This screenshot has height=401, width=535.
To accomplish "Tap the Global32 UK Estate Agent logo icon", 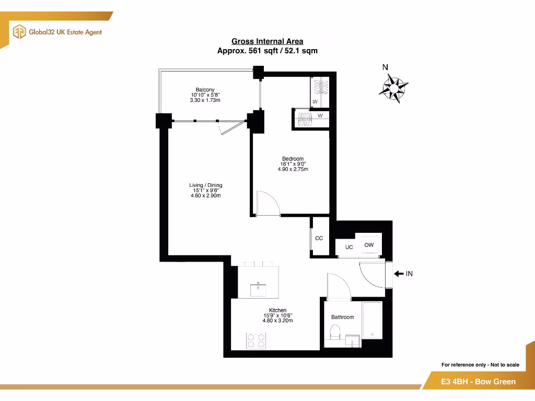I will pyautogui.click(x=19, y=32).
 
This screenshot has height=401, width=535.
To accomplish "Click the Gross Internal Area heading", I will pyautogui.click(x=267, y=41).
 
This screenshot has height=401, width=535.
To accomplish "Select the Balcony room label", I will pyautogui.click(x=205, y=90).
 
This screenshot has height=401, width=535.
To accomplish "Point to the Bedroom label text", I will pyautogui.click(x=293, y=159).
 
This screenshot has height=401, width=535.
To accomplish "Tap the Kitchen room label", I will pyautogui.click(x=277, y=310).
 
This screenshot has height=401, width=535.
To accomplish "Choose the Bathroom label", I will pyautogui.click(x=342, y=317).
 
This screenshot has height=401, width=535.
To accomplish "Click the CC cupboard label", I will pyautogui.click(x=319, y=238).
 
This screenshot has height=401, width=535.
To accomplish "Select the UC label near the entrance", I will pyautogui.click(x=349, y=247).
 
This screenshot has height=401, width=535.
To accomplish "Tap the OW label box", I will pyautogui.click(x=369, y=245).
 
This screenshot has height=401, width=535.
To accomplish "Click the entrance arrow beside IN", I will pyautogui.click(x=398, y=274).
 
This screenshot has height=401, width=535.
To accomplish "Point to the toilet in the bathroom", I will pyautogui.click(x=335, y=333).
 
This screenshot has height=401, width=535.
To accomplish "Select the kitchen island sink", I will pyautogui.click(x=259, y=288).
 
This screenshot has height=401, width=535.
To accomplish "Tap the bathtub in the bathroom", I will pyautogui.click(x=372, y=320).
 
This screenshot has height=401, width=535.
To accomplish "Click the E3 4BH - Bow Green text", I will pyautogui.click(x=478, y=382).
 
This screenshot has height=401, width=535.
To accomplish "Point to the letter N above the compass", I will pyautogui.click(x=385, y=67).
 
